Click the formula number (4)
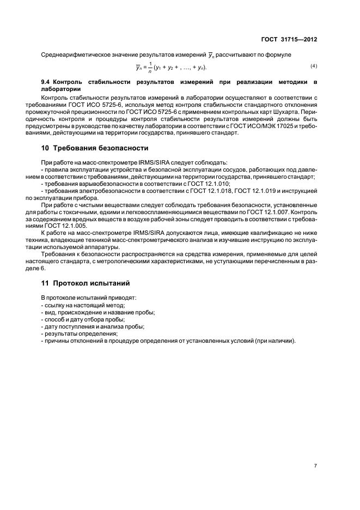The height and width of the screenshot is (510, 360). tap(314, 66)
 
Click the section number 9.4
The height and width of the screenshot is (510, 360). tap(47, 82)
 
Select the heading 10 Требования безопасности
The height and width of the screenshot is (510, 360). tap(94, 148)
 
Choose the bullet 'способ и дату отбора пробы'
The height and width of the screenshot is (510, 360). tap(83, 319)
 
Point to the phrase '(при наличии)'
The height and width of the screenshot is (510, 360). tap(277, 341)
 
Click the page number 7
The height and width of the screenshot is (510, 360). tap(315, 466)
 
